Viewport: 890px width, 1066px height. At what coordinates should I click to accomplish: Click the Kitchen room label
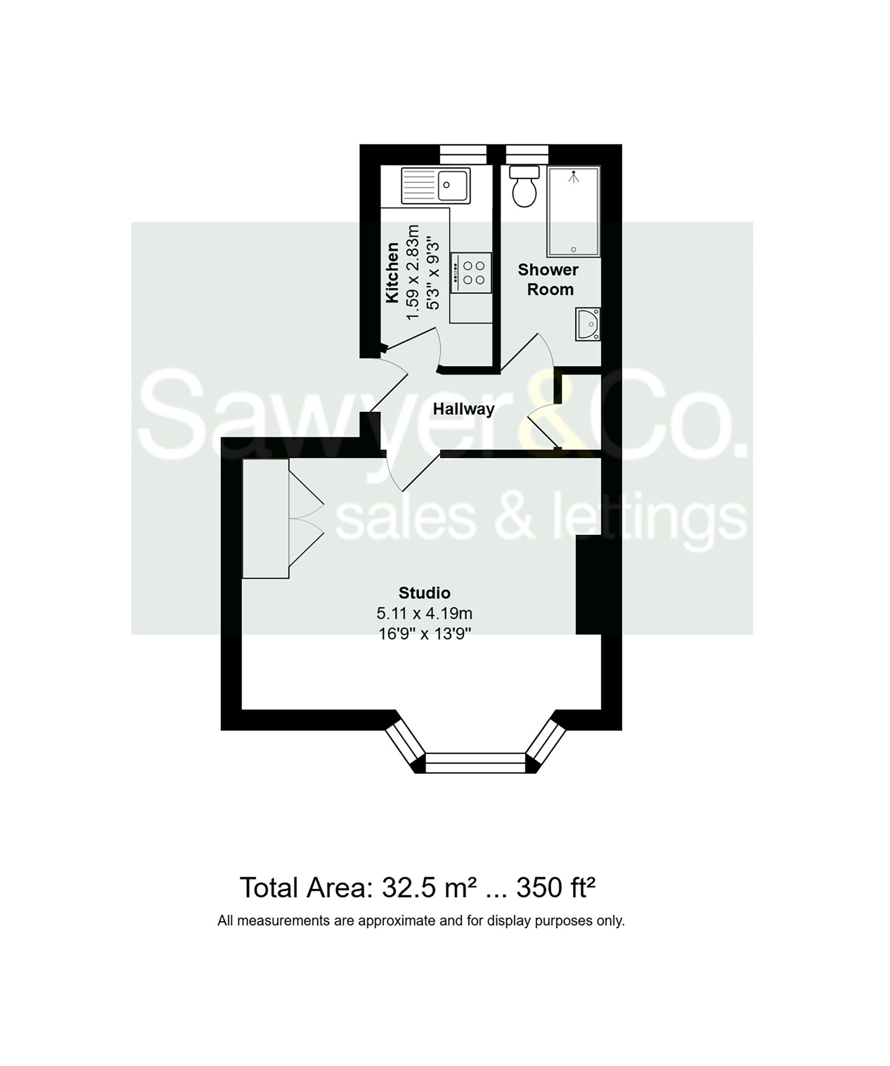point(392,273)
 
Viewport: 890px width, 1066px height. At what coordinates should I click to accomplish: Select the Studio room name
point(425,592)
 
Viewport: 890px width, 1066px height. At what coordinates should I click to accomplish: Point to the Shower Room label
point(548,280)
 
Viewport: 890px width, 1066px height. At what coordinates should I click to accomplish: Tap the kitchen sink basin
point(453,185)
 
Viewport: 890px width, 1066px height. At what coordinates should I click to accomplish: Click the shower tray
point(573,212)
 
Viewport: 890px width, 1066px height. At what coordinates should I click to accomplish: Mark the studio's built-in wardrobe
point(266,518)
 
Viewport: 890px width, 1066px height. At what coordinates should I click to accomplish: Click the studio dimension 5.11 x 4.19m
point(425,613)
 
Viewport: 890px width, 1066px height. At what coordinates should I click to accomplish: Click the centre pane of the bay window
point(475,763)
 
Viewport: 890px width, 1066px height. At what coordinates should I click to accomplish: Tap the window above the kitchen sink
point(463,154)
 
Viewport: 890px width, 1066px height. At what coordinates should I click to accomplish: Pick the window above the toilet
point(527,154)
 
